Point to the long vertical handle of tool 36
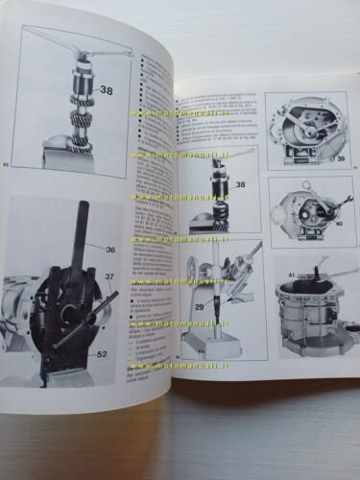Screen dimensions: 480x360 [76, 230]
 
